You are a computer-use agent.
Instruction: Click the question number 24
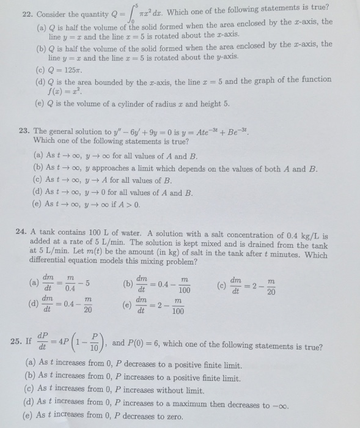pyautogui.click(x=23, y=234)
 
